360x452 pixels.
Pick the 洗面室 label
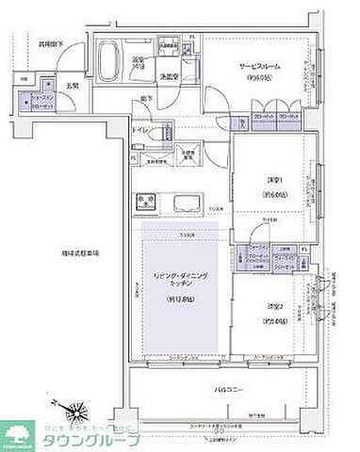coord(170,76)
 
